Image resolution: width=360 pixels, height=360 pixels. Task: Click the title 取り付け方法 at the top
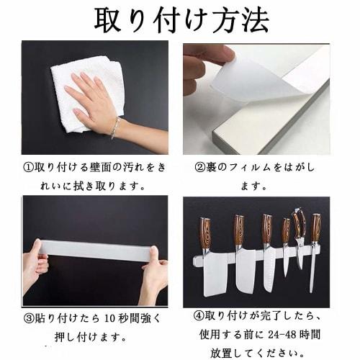point(180,19)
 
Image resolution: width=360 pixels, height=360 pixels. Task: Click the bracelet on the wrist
point(114,127)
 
